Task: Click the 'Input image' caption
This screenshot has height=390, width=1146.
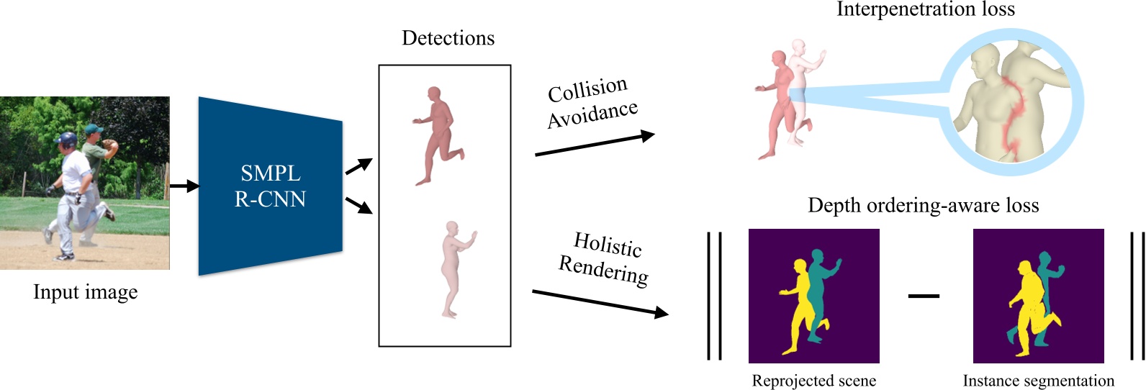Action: pos(85,292)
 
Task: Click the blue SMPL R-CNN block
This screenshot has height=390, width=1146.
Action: pos(270,186)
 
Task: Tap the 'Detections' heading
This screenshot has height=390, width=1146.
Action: pos(448,38)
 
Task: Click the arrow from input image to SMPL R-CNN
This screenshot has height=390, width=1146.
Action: pos(184,186)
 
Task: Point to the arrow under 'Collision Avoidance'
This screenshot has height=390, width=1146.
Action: pos(595,144)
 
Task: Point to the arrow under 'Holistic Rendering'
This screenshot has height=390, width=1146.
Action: pos(599,302)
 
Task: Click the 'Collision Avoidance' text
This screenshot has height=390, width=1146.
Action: pos(592,103)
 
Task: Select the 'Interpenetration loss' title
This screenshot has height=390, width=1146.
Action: pos(925,9)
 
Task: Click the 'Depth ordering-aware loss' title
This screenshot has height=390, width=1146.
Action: pos(923,206)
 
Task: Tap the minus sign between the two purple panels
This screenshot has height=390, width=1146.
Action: pos(924,295)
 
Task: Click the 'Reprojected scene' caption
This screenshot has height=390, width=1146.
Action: pos(813,381)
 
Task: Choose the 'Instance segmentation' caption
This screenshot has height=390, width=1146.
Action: pos(1038,381)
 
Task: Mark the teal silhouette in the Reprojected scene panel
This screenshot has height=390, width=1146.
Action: pos(818,288)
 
